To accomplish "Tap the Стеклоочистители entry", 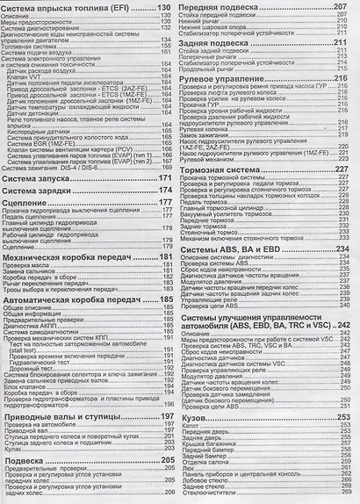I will (x=211, y=495).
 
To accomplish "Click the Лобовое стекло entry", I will (x=202, y=479).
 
